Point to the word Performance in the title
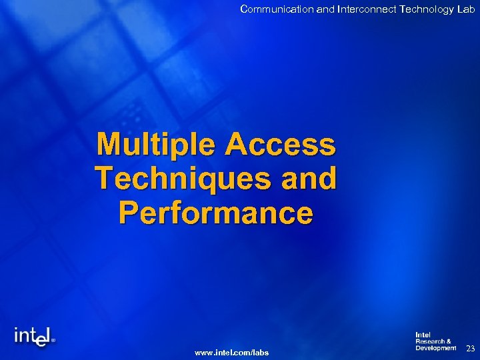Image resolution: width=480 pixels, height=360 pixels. [215, 213]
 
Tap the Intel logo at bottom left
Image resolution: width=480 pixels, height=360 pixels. [33, 337]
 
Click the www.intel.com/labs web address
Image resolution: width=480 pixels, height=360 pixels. [231, 352]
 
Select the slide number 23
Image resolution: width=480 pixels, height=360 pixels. [470, 348]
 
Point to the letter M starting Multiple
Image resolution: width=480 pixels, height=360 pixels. [110, 144]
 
